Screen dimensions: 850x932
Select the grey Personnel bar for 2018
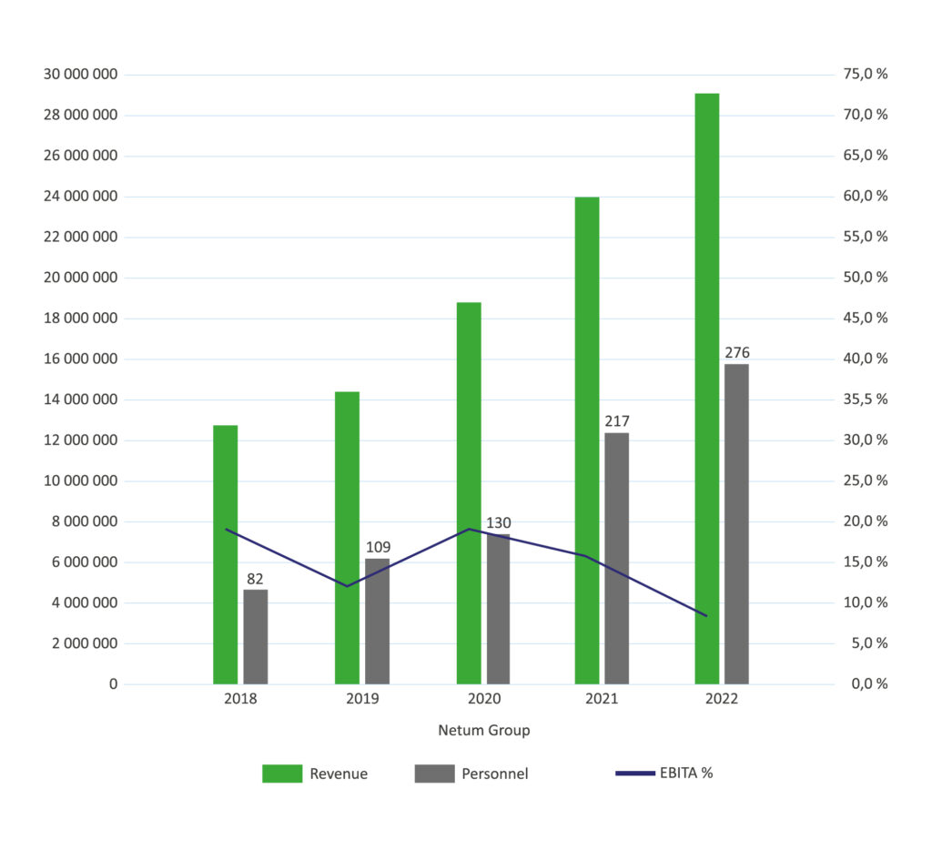coord(256,637)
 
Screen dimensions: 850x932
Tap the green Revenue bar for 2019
coord(347,537)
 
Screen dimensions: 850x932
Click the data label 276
coord(737,353)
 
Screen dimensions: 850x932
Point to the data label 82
coord(255,579)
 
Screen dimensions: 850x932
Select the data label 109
coord(378,547)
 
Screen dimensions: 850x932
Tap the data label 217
coord(616,421)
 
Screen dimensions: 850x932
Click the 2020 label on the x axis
coord(483,699)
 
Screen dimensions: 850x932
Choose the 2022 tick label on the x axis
coord(722,699)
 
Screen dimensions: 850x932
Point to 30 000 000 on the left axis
coord(80,75)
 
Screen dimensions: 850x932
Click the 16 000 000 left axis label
coord(80,359)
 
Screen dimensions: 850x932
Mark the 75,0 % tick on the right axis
coord(866,75)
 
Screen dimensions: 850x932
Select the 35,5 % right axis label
coord(866,400)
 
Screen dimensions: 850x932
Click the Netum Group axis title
coord(483,730)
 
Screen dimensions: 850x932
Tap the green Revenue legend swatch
coord(281,774)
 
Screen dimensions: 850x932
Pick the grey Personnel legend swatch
coord(434,774)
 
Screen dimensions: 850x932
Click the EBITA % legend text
coord(686,774)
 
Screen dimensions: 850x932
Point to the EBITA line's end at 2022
coord(706,616)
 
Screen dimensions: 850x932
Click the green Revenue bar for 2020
coord(469,492)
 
